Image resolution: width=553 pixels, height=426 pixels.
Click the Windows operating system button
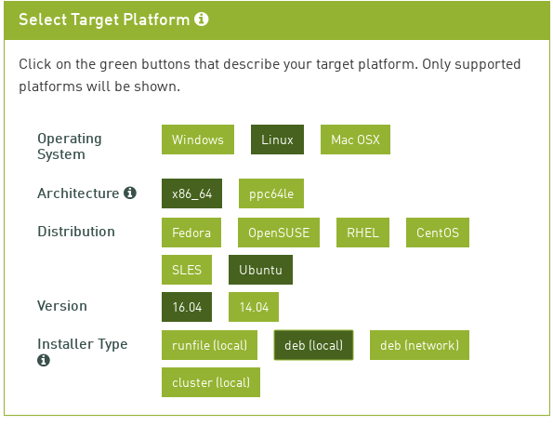click(198, 140)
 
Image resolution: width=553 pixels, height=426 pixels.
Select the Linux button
click(277, 140)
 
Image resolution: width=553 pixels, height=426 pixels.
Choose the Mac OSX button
click(355, 140)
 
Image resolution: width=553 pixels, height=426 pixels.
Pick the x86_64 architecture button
click(191, 193)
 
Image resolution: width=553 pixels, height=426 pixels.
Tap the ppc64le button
click(271, 193)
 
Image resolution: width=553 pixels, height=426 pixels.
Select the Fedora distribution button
click(191, 233)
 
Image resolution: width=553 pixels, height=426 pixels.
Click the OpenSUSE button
click(279, 233)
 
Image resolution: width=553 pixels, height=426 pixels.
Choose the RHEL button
click(362, 233)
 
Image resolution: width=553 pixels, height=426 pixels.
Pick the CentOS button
click(438, 233)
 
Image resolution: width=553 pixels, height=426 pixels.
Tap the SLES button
click(187, 270)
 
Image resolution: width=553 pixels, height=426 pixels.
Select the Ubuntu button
click(260, 270)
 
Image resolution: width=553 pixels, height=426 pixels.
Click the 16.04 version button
click(187, 307)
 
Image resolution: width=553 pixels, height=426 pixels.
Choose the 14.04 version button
click(254, 307)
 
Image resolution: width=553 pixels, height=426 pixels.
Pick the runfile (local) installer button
click(209, 345)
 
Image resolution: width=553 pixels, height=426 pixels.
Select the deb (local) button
click(313, 345)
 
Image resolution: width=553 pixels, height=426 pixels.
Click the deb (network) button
click(419, 345)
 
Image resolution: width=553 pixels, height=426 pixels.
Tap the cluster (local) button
click(211, 382)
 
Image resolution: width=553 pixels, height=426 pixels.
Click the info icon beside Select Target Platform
click(202, 19)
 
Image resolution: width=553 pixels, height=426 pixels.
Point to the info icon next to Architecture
click(130, 193)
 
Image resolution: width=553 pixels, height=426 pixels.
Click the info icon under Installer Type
click(44, 360)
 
